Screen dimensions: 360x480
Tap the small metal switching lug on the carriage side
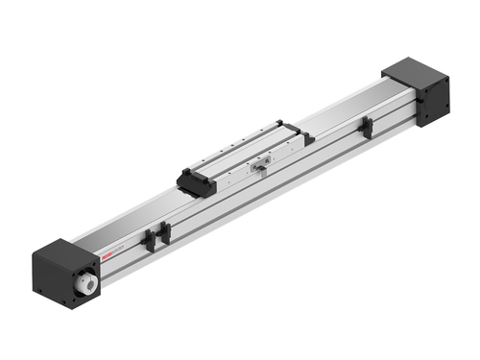pos(260,171)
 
